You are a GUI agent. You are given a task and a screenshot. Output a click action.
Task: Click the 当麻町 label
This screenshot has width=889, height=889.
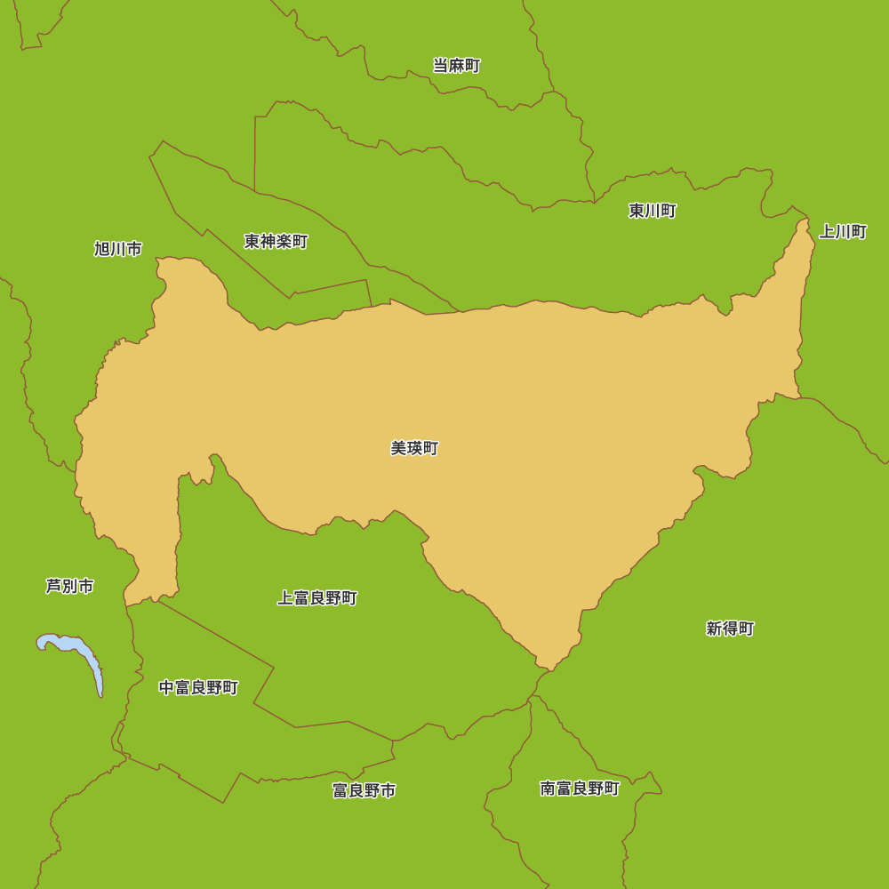[x=457, y=66]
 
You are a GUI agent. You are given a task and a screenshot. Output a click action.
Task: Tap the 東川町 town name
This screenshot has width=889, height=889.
[x=653, y=211]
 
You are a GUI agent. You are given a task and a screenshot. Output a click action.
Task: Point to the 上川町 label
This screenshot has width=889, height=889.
[x=842, y=232]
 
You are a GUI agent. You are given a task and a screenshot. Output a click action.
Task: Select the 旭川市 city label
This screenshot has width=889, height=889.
[x=118, y=249]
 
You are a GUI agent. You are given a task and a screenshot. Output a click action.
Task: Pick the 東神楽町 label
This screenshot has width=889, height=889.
[x=276, y=242]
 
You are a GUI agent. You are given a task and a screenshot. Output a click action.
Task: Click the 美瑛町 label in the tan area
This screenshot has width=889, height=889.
[x=414, y=449]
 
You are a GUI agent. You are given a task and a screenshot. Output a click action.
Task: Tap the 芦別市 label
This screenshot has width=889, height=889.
[x=70, y=587]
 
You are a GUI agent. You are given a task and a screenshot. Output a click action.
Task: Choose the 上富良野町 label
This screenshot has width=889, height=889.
[x=317, y=598]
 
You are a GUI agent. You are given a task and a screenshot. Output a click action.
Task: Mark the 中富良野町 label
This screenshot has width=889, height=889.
[x=198, y=688]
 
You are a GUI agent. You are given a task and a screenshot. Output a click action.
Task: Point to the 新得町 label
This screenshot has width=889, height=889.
[x=730, y=629]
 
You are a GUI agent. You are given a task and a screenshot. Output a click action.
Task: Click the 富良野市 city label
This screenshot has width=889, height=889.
[x=364, y=790]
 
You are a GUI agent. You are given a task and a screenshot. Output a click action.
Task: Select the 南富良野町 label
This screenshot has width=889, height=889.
[x=580, y=789]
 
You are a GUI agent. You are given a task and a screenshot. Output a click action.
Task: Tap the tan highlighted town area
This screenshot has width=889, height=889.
[x=533, y=400]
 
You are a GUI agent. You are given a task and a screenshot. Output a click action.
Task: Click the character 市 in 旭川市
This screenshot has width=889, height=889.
[x=134, y=249]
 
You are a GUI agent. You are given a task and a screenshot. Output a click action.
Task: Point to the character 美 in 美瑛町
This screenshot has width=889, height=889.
[x=398, y=449]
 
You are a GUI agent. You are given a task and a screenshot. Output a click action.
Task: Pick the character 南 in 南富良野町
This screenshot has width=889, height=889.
[x=548, y=789]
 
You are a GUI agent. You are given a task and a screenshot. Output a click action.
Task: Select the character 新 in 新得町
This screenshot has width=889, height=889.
[x=714, y=629]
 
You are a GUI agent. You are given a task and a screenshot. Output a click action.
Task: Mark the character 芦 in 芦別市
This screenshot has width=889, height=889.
[x=54, y=587]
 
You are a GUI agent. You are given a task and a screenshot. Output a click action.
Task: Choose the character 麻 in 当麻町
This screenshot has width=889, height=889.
[x=457, y=66]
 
